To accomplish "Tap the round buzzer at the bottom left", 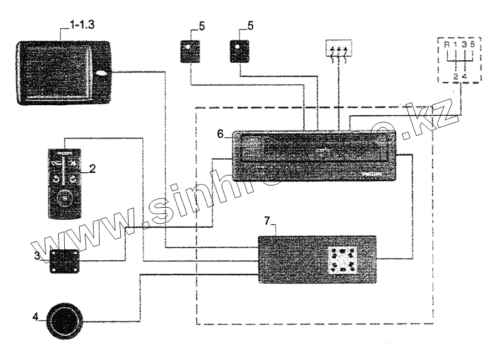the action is coord(65,320).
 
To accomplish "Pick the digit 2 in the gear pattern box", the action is coord(454,76).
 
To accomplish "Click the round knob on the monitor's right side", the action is coord(103,73).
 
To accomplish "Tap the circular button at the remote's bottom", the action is coord(66,197).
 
